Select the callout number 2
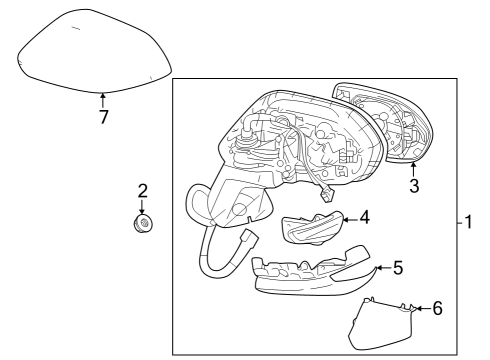point(142,190)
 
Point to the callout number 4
point(365,216)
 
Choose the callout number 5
point(397,268)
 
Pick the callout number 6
point(437,309)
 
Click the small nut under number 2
point(142,223)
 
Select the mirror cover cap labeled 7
point(95,52)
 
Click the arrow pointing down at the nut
point(142,205)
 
